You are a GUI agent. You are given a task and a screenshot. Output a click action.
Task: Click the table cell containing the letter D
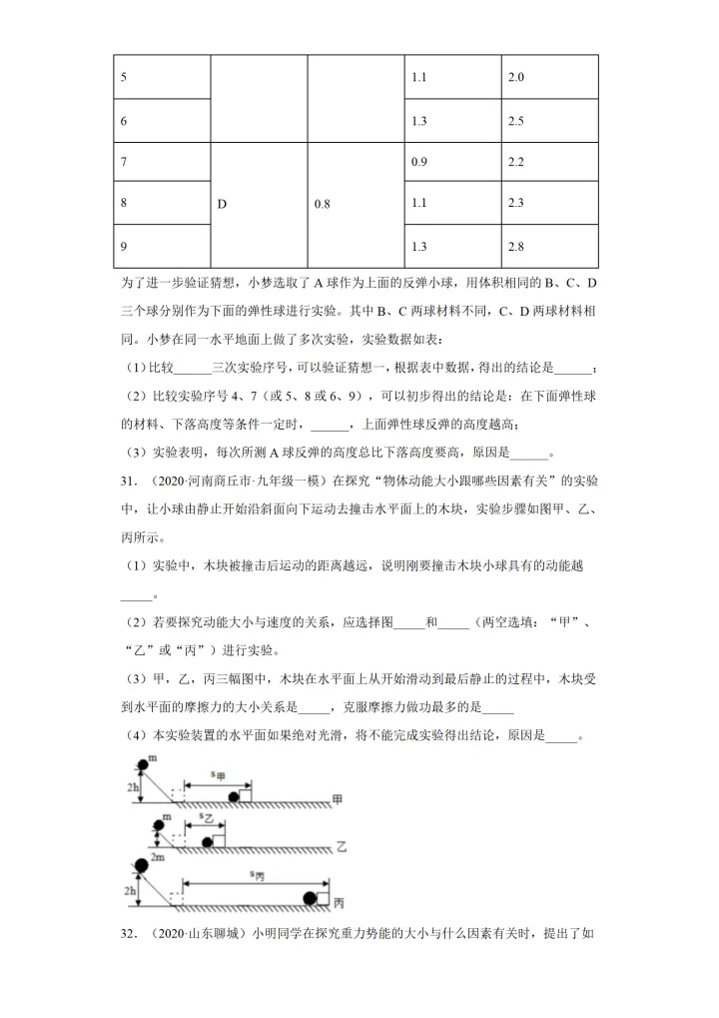pos(222,204)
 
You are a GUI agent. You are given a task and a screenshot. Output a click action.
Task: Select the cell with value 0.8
pos(322,204)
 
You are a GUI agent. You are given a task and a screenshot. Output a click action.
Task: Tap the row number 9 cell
pos(123,246)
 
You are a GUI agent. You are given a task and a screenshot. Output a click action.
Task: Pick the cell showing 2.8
pos(516,246)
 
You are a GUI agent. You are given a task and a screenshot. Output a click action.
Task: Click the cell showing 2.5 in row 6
pos(516,121)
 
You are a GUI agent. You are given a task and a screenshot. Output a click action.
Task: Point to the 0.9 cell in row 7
pos(419,162)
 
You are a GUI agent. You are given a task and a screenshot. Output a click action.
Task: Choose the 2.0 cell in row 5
pos(516,77)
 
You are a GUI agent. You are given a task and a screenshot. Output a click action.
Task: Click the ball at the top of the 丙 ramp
pos(142,865)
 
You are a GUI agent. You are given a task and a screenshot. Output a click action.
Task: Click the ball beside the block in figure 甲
pos(234,796)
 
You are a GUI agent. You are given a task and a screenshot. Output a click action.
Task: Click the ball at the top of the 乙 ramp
pos(158,825)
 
